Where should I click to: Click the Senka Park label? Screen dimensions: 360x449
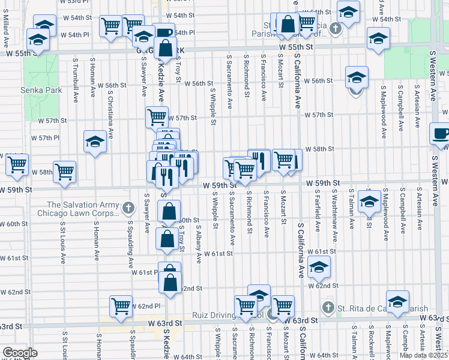50,91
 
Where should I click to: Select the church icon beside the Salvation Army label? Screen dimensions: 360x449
128,208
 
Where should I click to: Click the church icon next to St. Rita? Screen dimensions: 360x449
327,308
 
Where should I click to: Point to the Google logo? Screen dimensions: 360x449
20,352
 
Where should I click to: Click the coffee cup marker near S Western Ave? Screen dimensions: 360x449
441,133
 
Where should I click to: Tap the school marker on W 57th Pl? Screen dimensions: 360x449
95,142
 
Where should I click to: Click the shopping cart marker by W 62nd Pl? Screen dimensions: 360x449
121,305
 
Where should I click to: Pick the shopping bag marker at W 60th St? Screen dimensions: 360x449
169,211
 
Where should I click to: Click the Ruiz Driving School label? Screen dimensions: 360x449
227,315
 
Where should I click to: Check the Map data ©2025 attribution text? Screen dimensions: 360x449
423,355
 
